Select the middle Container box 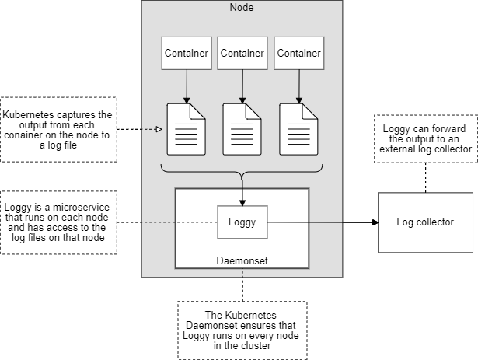[243, 53]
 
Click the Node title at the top [242, 7]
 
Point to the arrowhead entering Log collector [375, 222]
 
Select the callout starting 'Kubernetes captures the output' [58, 129]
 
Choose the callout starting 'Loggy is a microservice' [58, 222]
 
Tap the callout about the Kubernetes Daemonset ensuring [242, 330]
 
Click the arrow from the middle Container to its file [243, 83]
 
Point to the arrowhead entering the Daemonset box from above [243, 184]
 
